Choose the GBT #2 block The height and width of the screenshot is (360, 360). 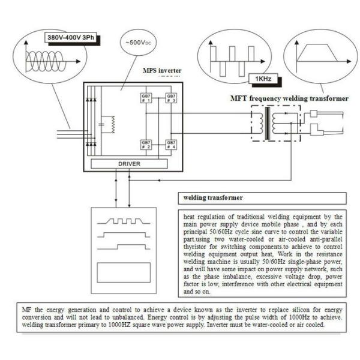146,145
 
